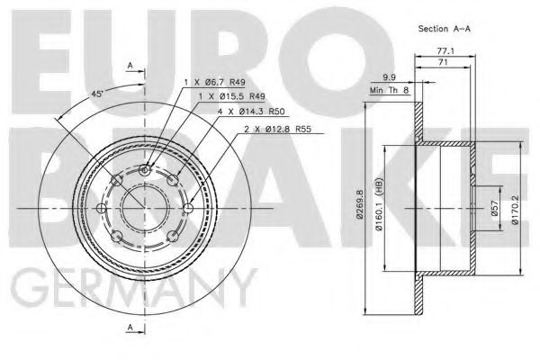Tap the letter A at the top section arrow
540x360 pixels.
[130, 65]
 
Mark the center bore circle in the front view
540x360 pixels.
[147, 210]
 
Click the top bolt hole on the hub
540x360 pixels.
[147, 170]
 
